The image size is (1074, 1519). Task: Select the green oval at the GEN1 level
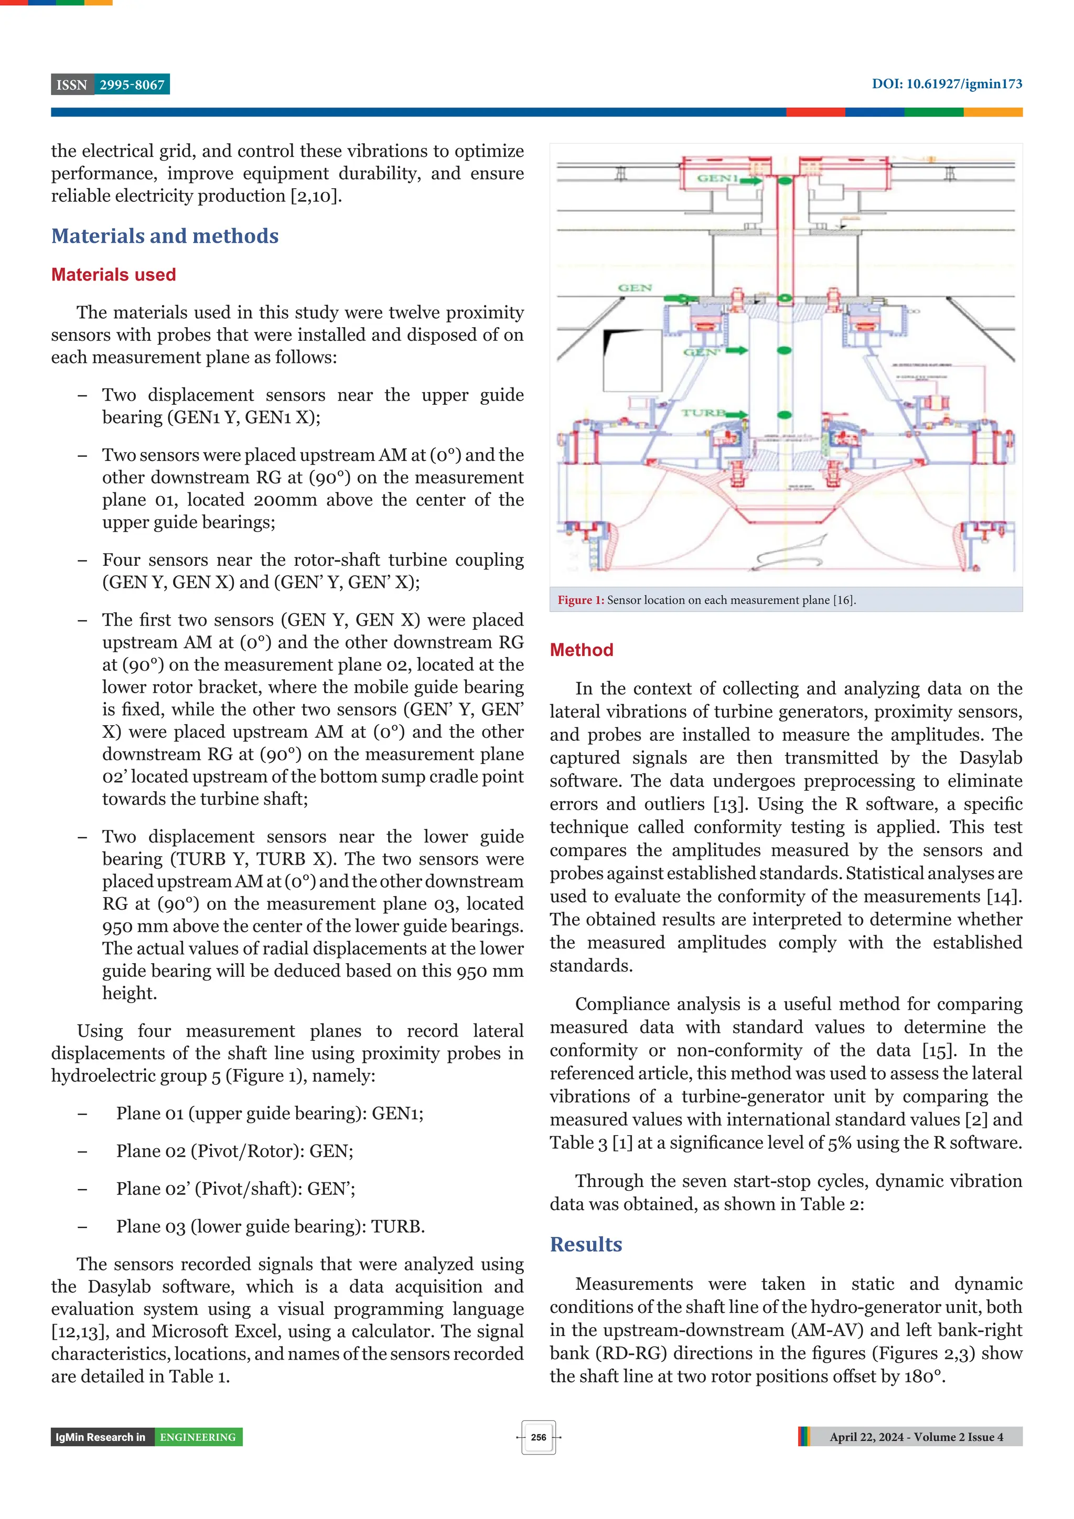[785, 180]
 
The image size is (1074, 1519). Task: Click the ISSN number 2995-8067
[132, 85]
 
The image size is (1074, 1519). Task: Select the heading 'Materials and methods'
[165, 236]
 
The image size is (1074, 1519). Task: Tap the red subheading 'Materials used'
[113, 275]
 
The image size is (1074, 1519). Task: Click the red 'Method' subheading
[581, 650]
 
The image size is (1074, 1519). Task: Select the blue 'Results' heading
[586, 1244]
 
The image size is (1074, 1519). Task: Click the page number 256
[538, 1437]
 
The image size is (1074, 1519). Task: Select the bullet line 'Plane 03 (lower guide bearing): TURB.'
[270, 1226]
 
